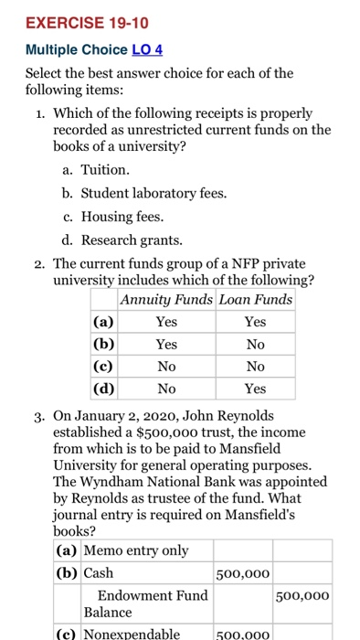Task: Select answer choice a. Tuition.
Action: pos(105,170)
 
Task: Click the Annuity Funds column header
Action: pos(165,299)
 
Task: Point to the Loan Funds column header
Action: pos(255,299)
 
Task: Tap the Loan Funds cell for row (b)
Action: pos(255,344)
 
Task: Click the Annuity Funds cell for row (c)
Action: pos(165,366)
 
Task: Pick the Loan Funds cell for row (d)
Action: pos(255,388)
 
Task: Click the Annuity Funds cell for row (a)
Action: pos(165,322)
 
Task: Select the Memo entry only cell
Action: pos(136,549)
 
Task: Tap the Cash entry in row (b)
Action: pos(98,572)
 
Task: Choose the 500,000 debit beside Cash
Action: pos(242,572)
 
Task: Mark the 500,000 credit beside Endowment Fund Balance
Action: pos(302,595)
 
